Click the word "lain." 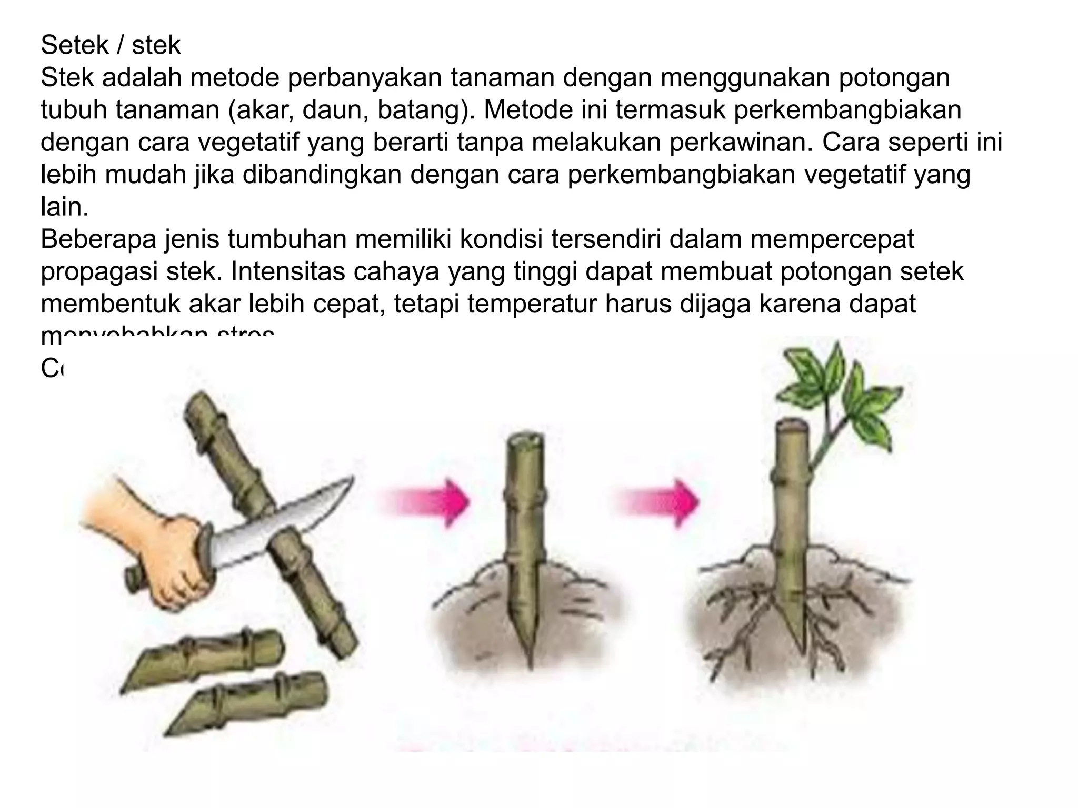(x=64, y=207)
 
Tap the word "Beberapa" (x=98, y=240)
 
